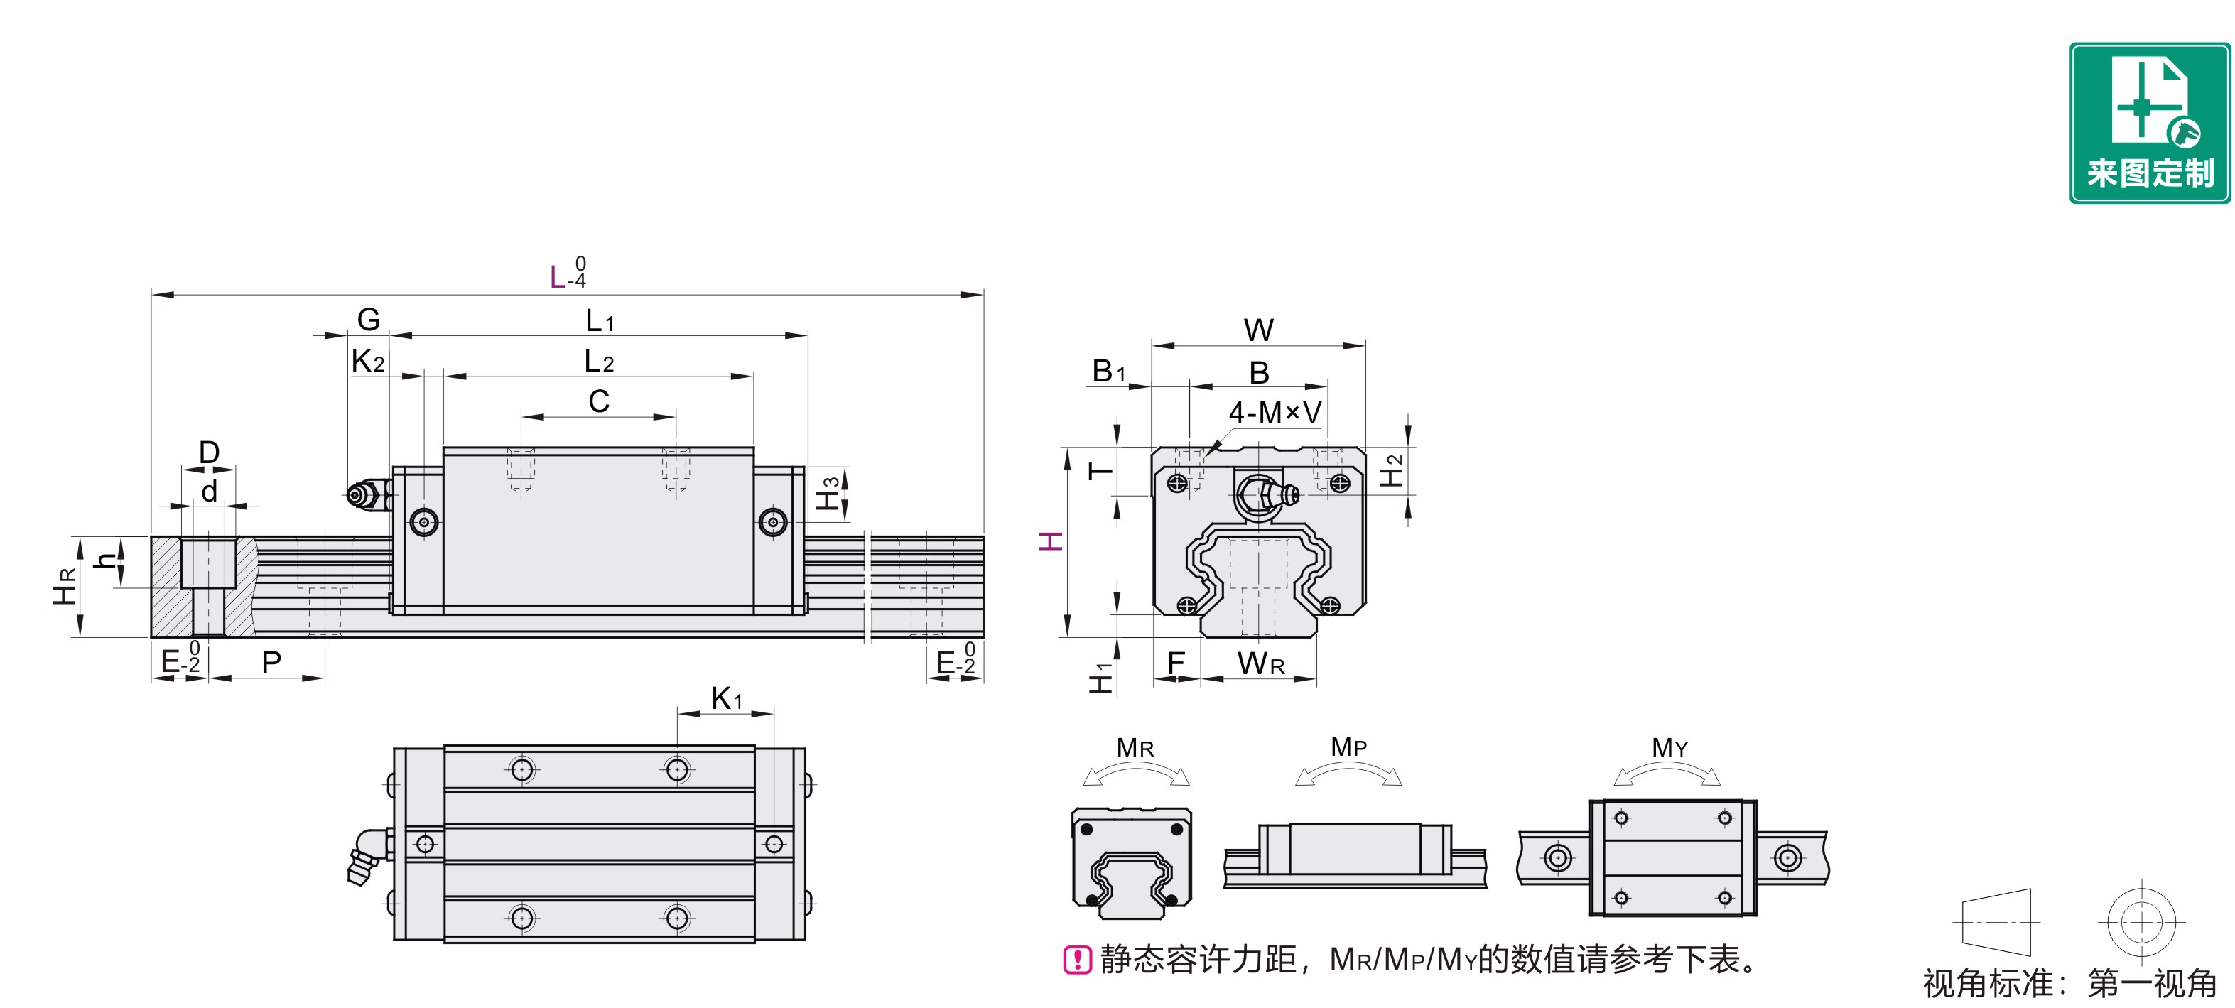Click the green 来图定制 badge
click(2148, 122)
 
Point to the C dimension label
click(599, 401)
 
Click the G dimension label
click(368, 319)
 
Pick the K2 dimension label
click(368, 361)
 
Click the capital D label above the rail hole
click(209, 452)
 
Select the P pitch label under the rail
click(271, 663)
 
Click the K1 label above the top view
click(726, 698)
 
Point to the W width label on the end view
click(1258, 330)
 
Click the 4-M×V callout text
click(1275, 413)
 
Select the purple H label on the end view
click(1051, 542)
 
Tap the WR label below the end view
click(1261, 663)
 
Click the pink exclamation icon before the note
click(1077, 960)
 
